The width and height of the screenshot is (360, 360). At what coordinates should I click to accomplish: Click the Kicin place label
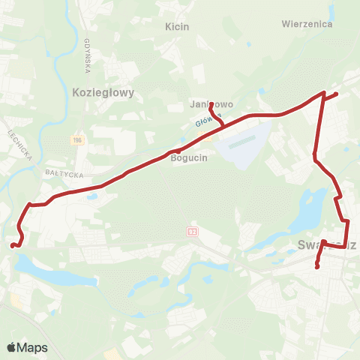click(x=177, y=26)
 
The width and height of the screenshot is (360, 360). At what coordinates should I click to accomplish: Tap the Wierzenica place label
click(x=307, y=23)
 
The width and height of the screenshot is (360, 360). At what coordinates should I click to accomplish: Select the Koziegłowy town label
click(x=103, y=92)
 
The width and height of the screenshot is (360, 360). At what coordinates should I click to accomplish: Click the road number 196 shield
click(x=76, y=140)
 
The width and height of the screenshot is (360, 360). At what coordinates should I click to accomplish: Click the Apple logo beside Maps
click(x=12, y=347)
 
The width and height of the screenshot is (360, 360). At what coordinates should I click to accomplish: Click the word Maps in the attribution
click(x=33, y=347)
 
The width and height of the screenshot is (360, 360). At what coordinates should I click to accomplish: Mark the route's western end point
click(x=11, y=244)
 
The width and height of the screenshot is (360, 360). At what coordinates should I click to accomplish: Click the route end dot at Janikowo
click(x=211, y=103)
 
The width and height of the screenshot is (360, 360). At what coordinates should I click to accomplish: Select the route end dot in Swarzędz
click(x=317, y=266)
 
